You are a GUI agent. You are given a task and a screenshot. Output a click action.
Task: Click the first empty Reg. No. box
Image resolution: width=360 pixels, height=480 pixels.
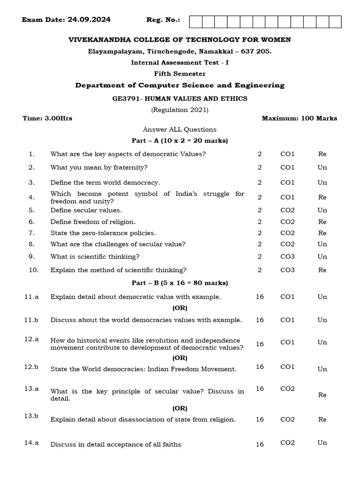(x=195, y=22)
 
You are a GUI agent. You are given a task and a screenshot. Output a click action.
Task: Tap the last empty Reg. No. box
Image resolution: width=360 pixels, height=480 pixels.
(x=335, y=22)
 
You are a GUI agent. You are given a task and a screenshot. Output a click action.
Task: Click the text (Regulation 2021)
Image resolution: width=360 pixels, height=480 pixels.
(x=180, y=110)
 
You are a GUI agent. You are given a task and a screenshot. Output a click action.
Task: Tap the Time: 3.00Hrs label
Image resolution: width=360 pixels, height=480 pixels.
(x=47, y=119)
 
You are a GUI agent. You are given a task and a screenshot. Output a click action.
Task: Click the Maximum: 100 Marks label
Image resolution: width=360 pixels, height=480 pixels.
(x=299, y=119)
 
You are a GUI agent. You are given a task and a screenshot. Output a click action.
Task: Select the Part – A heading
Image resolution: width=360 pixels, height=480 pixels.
(x=180, y=141)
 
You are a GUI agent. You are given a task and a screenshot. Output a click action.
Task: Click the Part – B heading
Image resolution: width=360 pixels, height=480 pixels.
(x=180, y=283)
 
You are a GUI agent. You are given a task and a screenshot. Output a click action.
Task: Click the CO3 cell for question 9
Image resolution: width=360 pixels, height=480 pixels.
(x=287, y=256)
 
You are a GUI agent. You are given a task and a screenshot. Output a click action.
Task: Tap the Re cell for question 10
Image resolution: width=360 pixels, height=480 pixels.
(x=322, y=270)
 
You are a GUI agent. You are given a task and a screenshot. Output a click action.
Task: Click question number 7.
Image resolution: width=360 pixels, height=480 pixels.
(x=31, y=232)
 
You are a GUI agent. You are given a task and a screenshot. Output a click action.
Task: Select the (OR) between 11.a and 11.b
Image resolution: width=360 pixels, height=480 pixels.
(x=180, y=308)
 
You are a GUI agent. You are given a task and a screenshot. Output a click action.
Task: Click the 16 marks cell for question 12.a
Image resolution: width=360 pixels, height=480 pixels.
(x=260, y=344)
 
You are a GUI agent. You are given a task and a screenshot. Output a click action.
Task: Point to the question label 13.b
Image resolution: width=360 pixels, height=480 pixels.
(x=31, y=415)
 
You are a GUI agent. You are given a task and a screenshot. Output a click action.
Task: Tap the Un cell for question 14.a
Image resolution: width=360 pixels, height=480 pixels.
(x=322, y=442)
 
